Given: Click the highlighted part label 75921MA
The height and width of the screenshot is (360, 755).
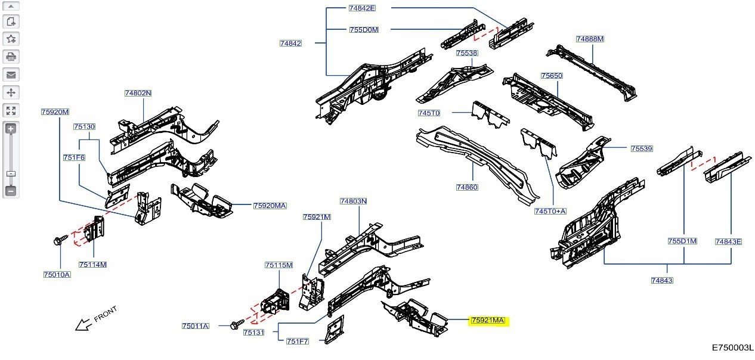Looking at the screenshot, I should (488, 321).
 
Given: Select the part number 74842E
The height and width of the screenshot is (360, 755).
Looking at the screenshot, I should (362, 8).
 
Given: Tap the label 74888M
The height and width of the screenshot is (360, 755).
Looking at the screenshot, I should (590, 39).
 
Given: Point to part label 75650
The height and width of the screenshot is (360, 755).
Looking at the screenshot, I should (552, 76).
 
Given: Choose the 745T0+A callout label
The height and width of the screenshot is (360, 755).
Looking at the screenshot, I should (550, 211).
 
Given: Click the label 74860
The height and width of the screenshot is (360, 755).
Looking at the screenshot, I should (467, 187).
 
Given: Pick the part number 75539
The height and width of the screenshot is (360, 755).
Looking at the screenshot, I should (642, 148).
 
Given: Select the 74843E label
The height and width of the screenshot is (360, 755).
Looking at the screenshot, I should (728, 241).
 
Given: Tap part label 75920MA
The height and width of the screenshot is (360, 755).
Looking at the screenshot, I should (270, 206).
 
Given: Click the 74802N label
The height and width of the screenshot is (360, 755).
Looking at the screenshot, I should (138, 94).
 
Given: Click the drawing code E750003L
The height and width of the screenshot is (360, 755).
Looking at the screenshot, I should (732, 347).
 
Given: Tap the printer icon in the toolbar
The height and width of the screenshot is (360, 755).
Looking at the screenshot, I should (11, 57).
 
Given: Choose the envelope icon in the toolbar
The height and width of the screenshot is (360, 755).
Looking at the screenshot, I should (11, 75).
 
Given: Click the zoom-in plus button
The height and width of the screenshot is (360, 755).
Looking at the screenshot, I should (11, 129).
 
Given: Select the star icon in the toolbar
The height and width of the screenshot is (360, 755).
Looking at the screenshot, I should (11, 39).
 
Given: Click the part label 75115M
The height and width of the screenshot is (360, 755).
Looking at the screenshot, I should (279, 265).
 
